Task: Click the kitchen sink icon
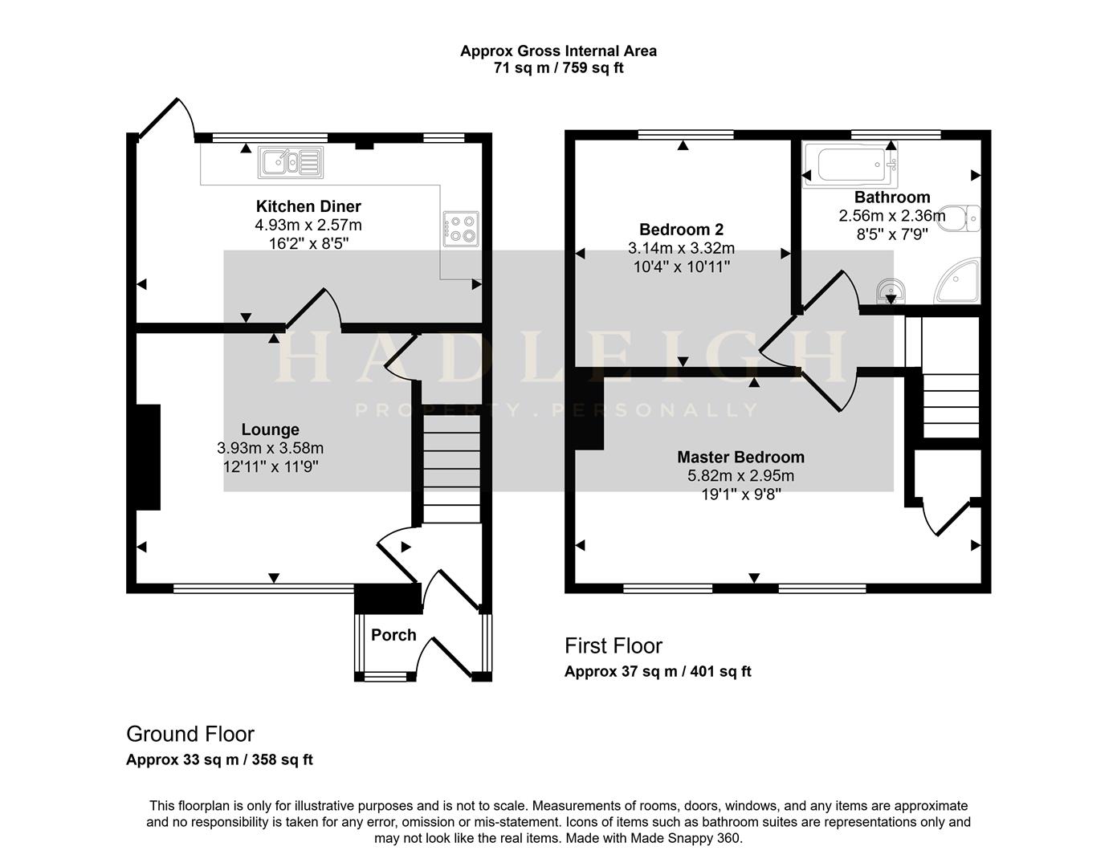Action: (290, 163)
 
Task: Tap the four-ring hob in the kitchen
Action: (461, 228)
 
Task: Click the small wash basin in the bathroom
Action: (890, 290)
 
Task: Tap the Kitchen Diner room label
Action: (308, 206)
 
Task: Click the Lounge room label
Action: (270, 429)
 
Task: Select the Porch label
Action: (393, 635)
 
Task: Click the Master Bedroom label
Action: (740, 457)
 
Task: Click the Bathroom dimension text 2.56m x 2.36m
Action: (891, 216)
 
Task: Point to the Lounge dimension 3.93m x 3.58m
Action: (270, 448)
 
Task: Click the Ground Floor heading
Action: (190, 734)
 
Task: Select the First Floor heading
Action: (614, 645)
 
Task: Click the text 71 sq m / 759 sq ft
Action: (558, 68)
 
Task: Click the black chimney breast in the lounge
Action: (148, 457)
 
